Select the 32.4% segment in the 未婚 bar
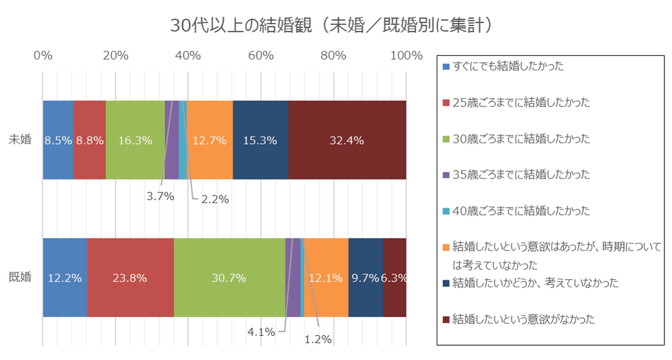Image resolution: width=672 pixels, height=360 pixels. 347,140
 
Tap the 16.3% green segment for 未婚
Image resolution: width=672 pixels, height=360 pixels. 135,140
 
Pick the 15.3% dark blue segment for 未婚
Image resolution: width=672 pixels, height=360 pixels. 260,140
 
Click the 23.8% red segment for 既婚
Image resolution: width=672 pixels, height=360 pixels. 130,278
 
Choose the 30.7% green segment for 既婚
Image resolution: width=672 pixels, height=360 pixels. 229,278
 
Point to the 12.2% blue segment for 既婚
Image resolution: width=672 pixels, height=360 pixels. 65,278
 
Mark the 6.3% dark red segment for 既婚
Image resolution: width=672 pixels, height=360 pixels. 394,278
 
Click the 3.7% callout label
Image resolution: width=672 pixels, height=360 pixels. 160,196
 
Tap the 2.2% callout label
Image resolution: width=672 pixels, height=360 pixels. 215,200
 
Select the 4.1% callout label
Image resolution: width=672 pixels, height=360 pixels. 261,332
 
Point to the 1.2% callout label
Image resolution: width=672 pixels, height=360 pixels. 318,339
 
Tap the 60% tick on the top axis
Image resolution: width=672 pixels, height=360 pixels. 261,55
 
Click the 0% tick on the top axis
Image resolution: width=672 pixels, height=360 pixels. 42,55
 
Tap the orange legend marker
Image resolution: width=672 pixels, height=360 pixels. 446,247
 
